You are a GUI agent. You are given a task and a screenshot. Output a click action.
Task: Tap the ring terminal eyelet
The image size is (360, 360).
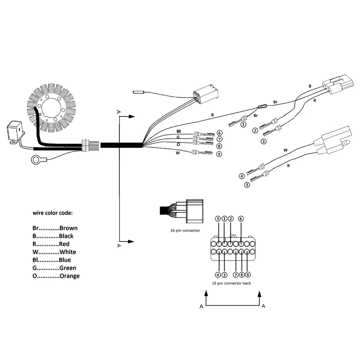[36, 161]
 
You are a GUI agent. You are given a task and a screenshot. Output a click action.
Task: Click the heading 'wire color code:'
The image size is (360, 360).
[52, 213]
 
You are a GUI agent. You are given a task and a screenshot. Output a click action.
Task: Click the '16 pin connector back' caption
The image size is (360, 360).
[231, 283]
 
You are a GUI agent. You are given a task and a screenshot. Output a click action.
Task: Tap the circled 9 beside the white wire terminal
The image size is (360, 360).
[219, 154]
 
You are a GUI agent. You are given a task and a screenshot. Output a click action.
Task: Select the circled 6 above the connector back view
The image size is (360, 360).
[241, 219]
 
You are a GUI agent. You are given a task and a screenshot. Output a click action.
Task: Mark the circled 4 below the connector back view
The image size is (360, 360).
[218, 275]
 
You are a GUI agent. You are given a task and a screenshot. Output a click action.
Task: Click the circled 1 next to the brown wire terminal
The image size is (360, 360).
[244, 124]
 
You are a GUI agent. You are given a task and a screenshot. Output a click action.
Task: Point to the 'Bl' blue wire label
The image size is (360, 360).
[178, 131]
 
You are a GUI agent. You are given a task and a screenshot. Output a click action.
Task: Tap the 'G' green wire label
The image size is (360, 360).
[178, 138]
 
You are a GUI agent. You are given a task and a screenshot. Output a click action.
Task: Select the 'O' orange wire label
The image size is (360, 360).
[178, 144]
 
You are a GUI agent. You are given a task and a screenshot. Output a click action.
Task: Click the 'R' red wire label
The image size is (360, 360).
[314, 100]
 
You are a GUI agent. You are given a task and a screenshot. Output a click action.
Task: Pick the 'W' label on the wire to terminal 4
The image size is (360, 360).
[285, 150]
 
